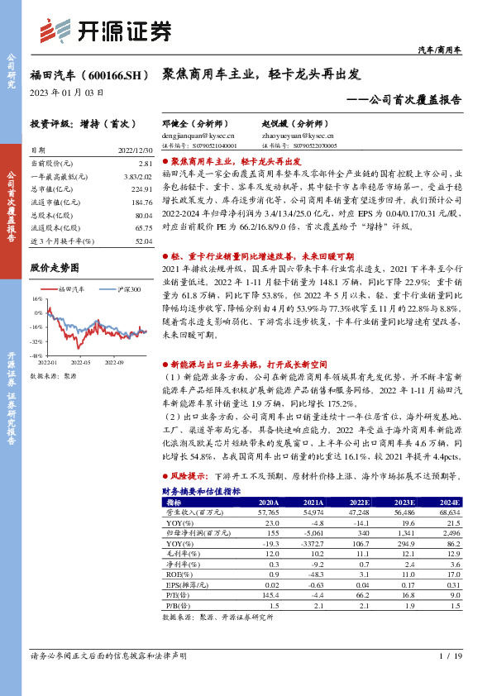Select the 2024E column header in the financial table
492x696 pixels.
449,502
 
